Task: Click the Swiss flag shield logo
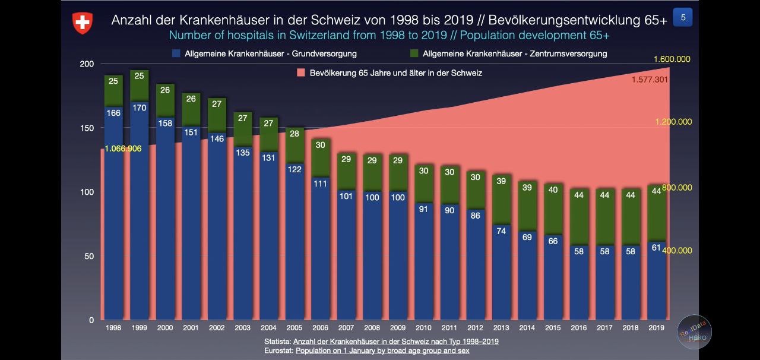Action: point(83,23)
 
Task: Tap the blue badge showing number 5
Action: point(683,18)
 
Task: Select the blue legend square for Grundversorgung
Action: point(176,53)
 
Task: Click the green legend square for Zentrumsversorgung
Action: point(414,53)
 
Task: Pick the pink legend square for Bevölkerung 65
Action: point(300,73)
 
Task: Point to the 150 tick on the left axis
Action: point(87,128)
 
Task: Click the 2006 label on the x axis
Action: point(320,328)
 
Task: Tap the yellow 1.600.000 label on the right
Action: point(672,59)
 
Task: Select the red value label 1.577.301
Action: point(650,80)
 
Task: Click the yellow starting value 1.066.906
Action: point(123,149)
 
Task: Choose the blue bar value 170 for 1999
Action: point(139,108)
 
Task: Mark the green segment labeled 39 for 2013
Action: point(501,181)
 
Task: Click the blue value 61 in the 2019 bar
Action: point(656,248)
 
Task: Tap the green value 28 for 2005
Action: point(294,134)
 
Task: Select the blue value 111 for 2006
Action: point(320,184)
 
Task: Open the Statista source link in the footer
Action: point(395,342)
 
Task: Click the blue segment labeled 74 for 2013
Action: point(501,231)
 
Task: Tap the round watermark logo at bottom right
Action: point(695,331)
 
